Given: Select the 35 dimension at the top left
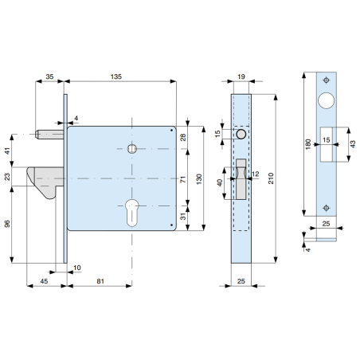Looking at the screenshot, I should pyautogui.click(x=49, y=77).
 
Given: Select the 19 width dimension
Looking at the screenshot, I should pyautogui.click(x=242, y=77).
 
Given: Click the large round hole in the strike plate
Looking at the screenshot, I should pyautogui.click(x=326, y=101).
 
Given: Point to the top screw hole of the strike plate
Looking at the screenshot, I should pyautogui.click(x=326, y=80).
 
